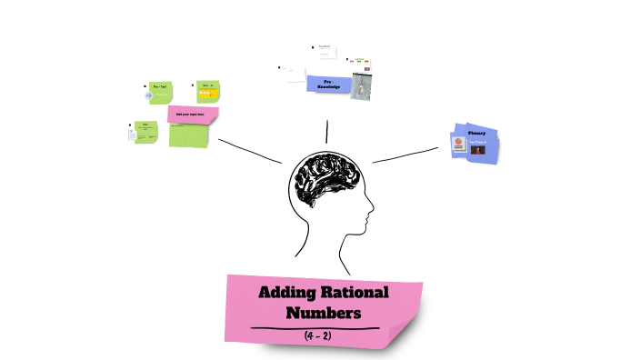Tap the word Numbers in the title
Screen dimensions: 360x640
(x=324, y=312)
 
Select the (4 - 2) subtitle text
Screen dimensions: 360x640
(x=324, y=335)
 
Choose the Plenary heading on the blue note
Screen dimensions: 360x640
(x=476, y=133)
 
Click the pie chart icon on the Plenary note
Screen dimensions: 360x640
(x=460, y=143)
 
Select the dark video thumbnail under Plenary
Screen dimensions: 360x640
(x=477, y=149)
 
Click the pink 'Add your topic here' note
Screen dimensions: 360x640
(x=193, y=115)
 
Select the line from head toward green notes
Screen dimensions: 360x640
(x=250, y=151)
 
